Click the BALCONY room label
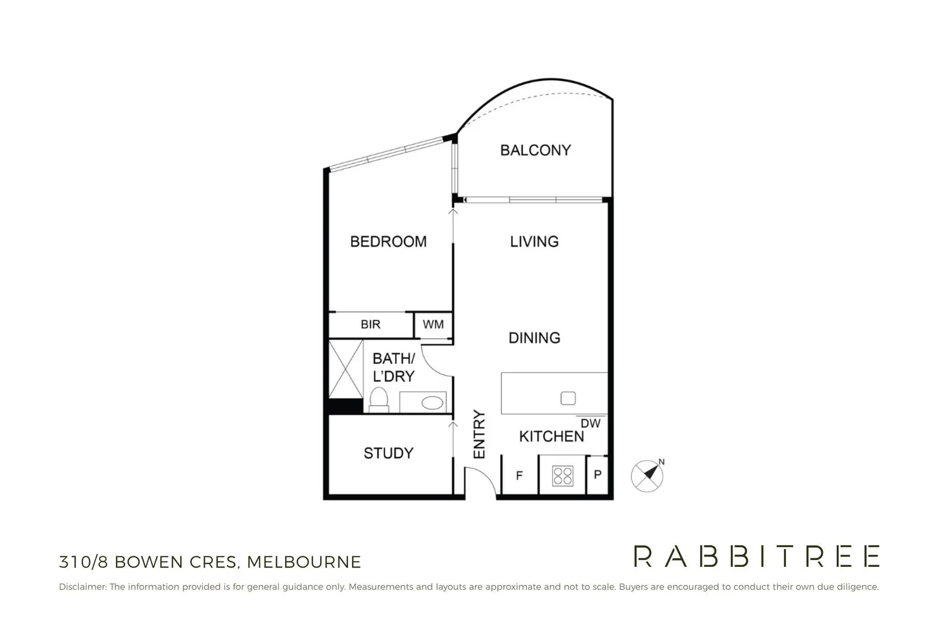[x=536, y=150]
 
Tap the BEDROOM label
[x=388, y=242]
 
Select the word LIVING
[x=534, y=242]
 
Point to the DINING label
[x=534, y=337]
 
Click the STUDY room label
[x=388, y=453]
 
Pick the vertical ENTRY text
[x=479, y=434]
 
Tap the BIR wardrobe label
[x=370, y=324]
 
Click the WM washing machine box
[x=433, y=325]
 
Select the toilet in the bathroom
[x=378, y=399]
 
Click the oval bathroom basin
[x=432, y=403]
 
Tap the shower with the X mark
[x=346, y=369]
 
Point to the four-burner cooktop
[x=563, y=476]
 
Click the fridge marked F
[x=520, y=475]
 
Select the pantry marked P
[x=598, y=475]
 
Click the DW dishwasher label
[x=590, y=424]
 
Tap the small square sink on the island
[x=568, y=398]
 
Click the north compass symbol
[x=647, y=475]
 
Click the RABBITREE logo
[x=756, y=556]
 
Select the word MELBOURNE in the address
[x=304, y=562]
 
